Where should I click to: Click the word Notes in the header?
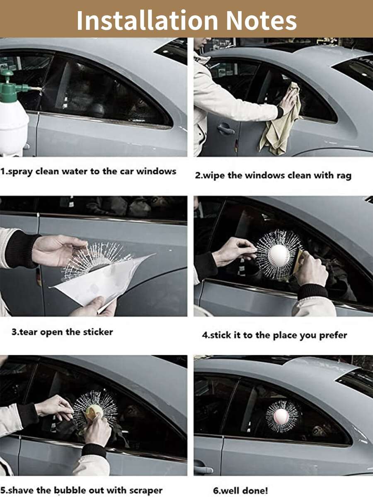click(x=261, y=20)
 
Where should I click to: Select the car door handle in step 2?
click(x=225, y=128)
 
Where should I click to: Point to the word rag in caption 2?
click(x=344, y=176)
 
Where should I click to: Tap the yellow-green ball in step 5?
click(x=94, y=412)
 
